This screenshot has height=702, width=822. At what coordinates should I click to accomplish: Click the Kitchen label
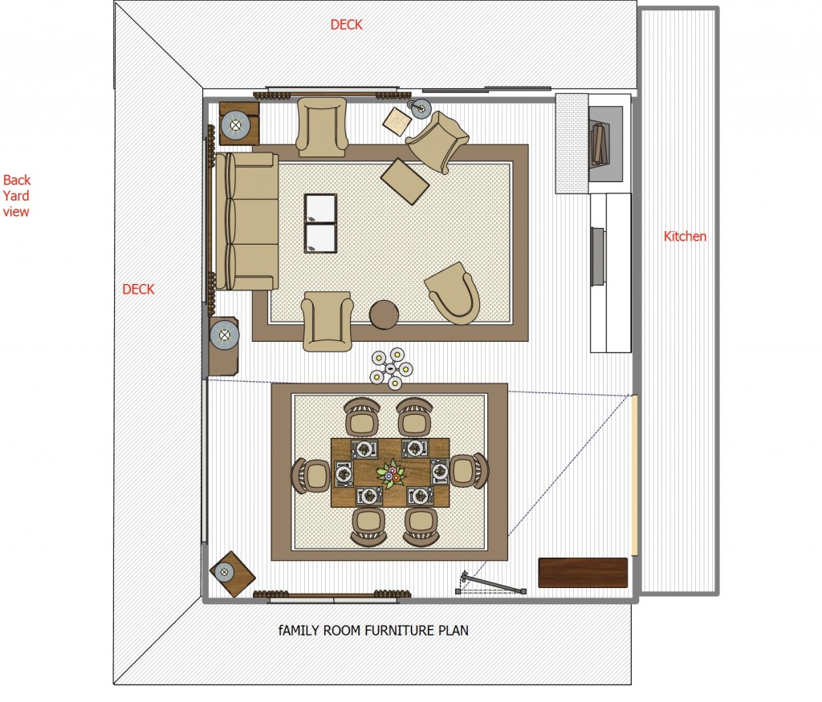[685, 236]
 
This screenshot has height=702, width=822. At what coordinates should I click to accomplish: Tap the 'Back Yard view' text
[17, 196]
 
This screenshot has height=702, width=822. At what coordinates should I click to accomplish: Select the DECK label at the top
[346, 25]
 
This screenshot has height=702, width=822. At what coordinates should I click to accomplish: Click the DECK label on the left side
[138, 289]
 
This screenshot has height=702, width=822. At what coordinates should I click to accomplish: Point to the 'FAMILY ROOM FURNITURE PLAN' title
[373, 631]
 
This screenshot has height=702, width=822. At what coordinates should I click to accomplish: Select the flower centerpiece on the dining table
[391, 473]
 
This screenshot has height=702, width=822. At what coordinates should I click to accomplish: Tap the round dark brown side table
[385, 314]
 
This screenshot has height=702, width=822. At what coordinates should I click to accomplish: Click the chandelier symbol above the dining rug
[391, 368]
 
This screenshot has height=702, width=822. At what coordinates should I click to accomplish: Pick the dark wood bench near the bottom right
[582, 572]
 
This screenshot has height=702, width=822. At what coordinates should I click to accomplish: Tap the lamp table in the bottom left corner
[232, 574]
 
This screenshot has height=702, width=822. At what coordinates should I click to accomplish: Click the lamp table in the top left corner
[238, 124]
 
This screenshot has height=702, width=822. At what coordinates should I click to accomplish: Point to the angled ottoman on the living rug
[405, 181]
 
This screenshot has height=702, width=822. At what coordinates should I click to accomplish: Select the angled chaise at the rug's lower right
[454, 293]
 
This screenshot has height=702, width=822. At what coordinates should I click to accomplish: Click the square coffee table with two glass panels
[320, 223]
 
